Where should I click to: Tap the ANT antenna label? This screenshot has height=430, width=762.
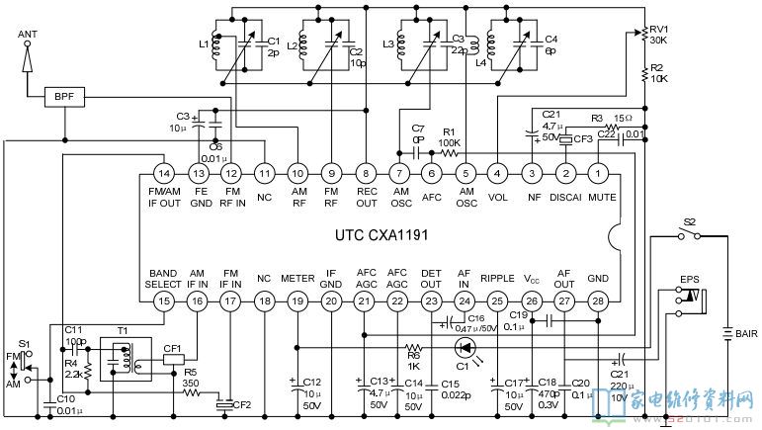[x=28, y=35]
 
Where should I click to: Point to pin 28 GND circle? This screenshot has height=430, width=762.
[x=598, y=301]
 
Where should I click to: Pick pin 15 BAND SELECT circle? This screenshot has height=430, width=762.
[x=164, y=301]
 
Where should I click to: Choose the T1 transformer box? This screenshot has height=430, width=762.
[x=122, y=361]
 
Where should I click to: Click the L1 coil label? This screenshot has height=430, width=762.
[x=204, y=44]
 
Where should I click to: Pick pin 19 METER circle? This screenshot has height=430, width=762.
[x=296, y=301]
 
